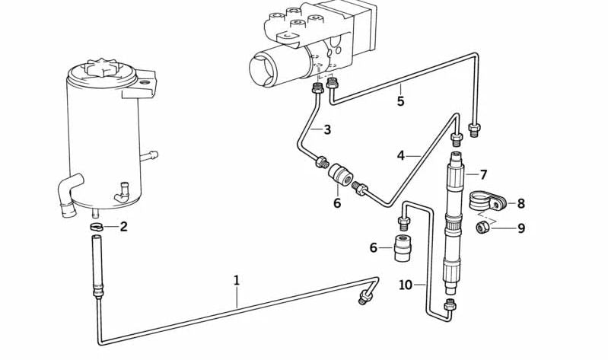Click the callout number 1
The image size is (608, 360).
[x=237, y=280]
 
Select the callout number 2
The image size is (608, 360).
[x=123, y=226]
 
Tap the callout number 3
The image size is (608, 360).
[x=326, y=130]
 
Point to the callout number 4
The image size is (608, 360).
[x=401, y=156]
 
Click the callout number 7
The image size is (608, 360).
[x=482, y=174]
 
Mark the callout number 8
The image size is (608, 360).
[x=520, y=203]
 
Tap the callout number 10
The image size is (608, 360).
[x=406, y=285]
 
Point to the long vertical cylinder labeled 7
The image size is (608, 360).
[x=455, y=221]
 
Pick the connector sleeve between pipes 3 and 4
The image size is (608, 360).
[x=342, y=174]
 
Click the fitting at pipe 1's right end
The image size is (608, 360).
[x=366, y=295]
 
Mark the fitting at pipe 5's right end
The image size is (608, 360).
[x=475, y=129]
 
